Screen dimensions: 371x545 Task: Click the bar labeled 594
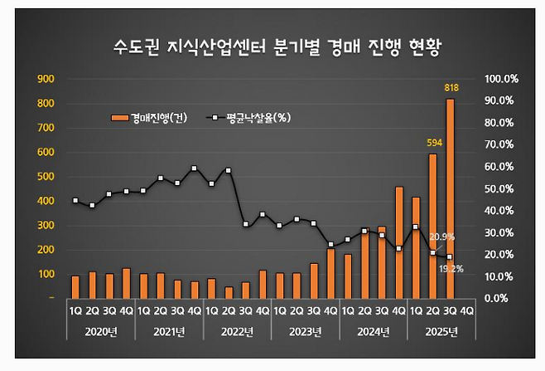(432, 225)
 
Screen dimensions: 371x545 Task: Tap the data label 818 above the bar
(451, 88)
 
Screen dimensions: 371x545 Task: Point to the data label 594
(432, 143)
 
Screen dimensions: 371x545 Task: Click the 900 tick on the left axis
(46, 79)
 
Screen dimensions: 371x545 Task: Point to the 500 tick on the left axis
(46, 177)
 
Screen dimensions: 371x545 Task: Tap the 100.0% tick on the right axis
(501, 79)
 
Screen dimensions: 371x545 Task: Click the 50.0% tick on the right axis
(501, 188)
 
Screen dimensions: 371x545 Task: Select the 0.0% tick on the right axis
(501, 298)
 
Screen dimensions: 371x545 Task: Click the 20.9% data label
(442, 237)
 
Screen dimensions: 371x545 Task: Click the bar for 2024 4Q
(398, 242)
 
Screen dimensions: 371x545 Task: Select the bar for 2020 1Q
(75, 286)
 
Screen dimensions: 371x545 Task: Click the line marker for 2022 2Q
(228, 170)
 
